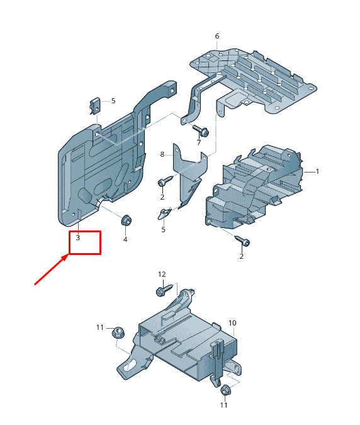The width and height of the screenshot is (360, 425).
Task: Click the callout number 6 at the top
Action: click(x=217, y=36)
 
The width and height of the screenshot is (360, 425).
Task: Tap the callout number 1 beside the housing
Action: click(x=317, y=171)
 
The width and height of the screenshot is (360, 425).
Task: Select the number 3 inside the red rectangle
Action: click(x=78, y=238)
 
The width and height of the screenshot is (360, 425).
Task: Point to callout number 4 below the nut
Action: click(x=125, y=239)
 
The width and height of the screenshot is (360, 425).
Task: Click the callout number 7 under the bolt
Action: click(x=199, y=142)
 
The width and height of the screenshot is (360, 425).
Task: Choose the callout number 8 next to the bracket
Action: click(x=162, y=154)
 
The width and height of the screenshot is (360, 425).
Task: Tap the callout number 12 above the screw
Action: click(x=162, y=275)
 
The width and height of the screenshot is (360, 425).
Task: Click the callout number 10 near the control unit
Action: click(x=232, y=323)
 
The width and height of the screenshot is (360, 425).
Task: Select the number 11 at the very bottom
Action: click(x=223, y=405)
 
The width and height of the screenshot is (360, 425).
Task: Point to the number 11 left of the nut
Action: click(x=100, y=327)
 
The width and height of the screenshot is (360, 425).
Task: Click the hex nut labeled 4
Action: click(x=126, y=220)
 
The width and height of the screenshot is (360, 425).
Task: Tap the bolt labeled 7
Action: click(x=201, y=130)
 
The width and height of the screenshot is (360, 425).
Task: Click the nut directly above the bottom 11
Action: click(x=225, y=390)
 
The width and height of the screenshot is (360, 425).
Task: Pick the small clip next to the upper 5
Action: click(x=94, y=106)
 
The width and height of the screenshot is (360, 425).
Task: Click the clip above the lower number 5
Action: click(x=164, y=213)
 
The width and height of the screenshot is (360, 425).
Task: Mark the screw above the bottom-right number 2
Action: click(x=242, y=241)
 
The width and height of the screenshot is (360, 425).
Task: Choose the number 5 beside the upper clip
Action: click(x=113, y=101)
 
